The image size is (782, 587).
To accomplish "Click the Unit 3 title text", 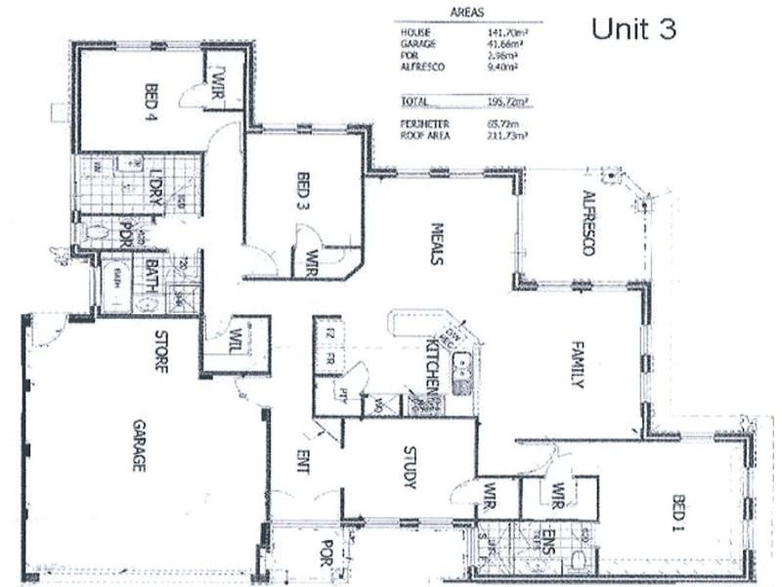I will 633,29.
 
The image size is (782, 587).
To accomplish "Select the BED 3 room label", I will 302,192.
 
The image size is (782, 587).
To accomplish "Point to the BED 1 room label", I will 678,514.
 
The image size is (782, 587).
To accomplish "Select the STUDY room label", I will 410,468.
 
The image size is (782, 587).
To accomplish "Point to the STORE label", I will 158,352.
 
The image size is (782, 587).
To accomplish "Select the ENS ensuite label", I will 548,537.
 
